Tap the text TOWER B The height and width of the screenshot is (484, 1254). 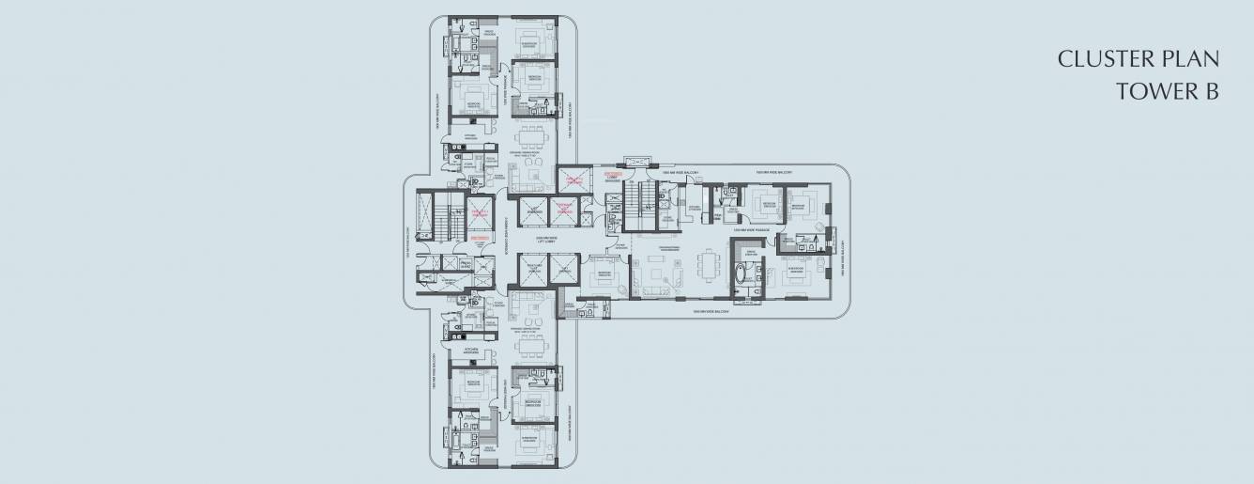pyautogui.click(x=1167, y=91)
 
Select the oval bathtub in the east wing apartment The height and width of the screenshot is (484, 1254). pyautogui.click(x=742, y=276)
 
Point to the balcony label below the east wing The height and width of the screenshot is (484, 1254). pyautogui.click(x=711, y=310)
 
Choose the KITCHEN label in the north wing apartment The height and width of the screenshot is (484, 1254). pyautogui.click(x=470, y=137)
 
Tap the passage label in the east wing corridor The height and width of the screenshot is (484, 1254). pyautogui.click(x=752, y=228)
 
